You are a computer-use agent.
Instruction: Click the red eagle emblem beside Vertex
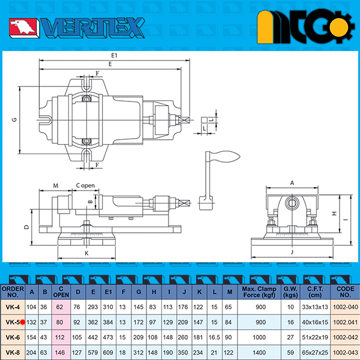tap(23, 28)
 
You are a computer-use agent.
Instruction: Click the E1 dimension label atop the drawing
tap(114, 55)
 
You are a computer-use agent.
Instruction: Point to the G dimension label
tap(14, 119)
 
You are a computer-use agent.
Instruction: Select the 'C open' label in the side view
tap(85, 185)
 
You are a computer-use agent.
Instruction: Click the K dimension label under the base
tap(86, 253)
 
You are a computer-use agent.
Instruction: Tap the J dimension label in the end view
tap(292, 252)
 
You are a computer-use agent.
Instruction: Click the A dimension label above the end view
tap(292, 183)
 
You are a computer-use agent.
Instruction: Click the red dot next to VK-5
tap(22, 322)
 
